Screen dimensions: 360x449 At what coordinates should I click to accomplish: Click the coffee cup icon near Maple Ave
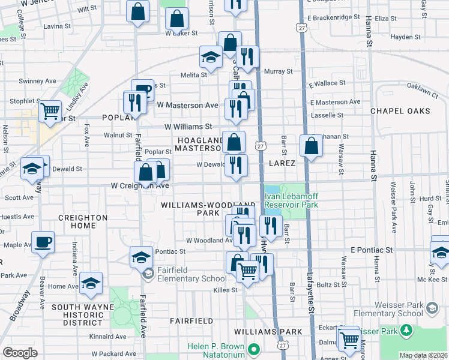[43, 242]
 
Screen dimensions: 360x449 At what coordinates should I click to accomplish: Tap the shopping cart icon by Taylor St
[50, 110]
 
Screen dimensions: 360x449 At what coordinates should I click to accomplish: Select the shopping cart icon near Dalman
[348, 340]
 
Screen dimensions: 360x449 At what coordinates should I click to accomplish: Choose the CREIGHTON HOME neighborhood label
[83, 221]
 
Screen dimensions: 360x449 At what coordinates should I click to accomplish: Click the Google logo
[20, 352]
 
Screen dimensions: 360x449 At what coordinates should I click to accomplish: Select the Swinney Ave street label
[37, 81]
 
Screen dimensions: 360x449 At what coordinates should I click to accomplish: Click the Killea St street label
[225, 290]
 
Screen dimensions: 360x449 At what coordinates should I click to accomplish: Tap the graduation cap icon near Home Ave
[91, 283]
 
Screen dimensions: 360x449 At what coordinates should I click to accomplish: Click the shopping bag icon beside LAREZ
[312, 146]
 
